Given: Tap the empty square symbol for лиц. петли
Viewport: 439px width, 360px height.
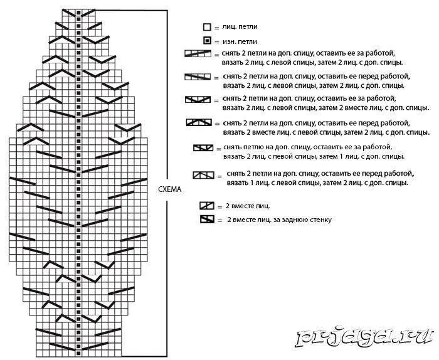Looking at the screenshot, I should [x=206, y=28].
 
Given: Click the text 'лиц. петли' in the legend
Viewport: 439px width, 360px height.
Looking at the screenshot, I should [x=239, y=28].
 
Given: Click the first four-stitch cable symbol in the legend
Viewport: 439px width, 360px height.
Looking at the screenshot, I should [x=198, y=54].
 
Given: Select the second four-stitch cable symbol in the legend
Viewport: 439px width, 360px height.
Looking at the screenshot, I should [x=198, y=77].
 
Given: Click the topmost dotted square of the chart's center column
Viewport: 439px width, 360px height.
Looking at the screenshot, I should [x=77, y=13].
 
